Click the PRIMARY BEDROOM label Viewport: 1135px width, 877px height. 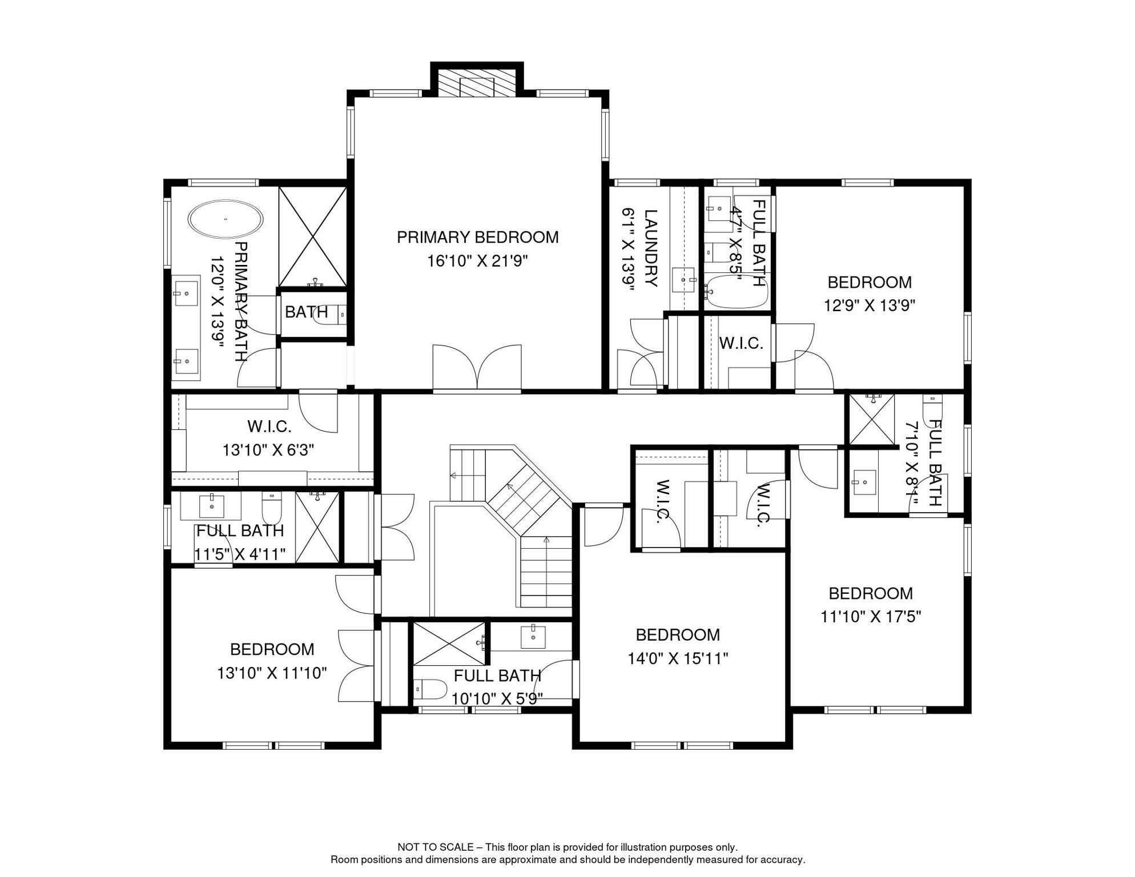click(477, 237)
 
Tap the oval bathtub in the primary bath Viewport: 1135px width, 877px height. click(226, 219)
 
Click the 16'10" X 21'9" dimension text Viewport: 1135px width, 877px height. click(477, 262)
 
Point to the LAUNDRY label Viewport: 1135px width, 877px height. click(651, 248)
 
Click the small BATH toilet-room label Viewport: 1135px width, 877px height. click(306, 312)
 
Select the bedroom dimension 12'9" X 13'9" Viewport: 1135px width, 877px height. click(869, 306)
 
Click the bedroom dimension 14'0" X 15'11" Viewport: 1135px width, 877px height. click(678, 659)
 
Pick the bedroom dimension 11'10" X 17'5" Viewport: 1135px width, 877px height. click(871, 617)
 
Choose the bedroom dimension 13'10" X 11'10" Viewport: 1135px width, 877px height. click(272, 673)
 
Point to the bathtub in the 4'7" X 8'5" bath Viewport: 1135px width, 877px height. click(736, 292)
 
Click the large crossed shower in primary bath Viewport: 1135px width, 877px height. click(312, 236)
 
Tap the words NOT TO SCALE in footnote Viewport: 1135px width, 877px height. click(435, 847)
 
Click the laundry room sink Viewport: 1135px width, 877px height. click(683, 280)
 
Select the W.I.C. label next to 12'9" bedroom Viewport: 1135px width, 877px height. click(740, 343)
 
